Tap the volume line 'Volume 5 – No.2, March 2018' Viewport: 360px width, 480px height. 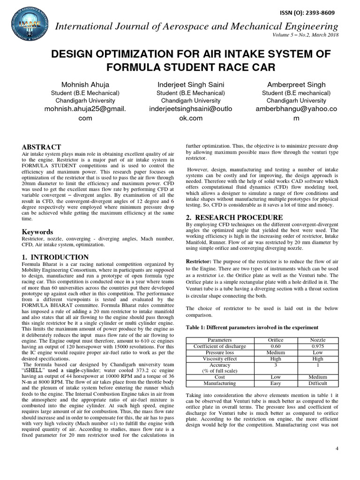305,36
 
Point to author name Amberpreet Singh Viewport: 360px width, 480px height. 296,85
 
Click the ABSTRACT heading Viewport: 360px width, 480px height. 41,147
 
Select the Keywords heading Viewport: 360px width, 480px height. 37,232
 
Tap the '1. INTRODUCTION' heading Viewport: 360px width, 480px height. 55,257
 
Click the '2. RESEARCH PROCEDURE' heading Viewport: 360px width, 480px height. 234,217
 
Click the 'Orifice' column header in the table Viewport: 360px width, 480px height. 276,340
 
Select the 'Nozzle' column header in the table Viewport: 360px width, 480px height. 318,340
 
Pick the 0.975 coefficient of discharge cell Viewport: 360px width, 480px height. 318,346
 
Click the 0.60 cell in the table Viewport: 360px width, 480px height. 276,346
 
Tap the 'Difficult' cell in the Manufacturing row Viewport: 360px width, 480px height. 318,383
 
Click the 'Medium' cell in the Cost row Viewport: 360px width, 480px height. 318,377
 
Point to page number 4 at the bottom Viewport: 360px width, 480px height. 337,449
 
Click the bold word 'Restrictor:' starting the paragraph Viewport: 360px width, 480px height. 199,261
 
